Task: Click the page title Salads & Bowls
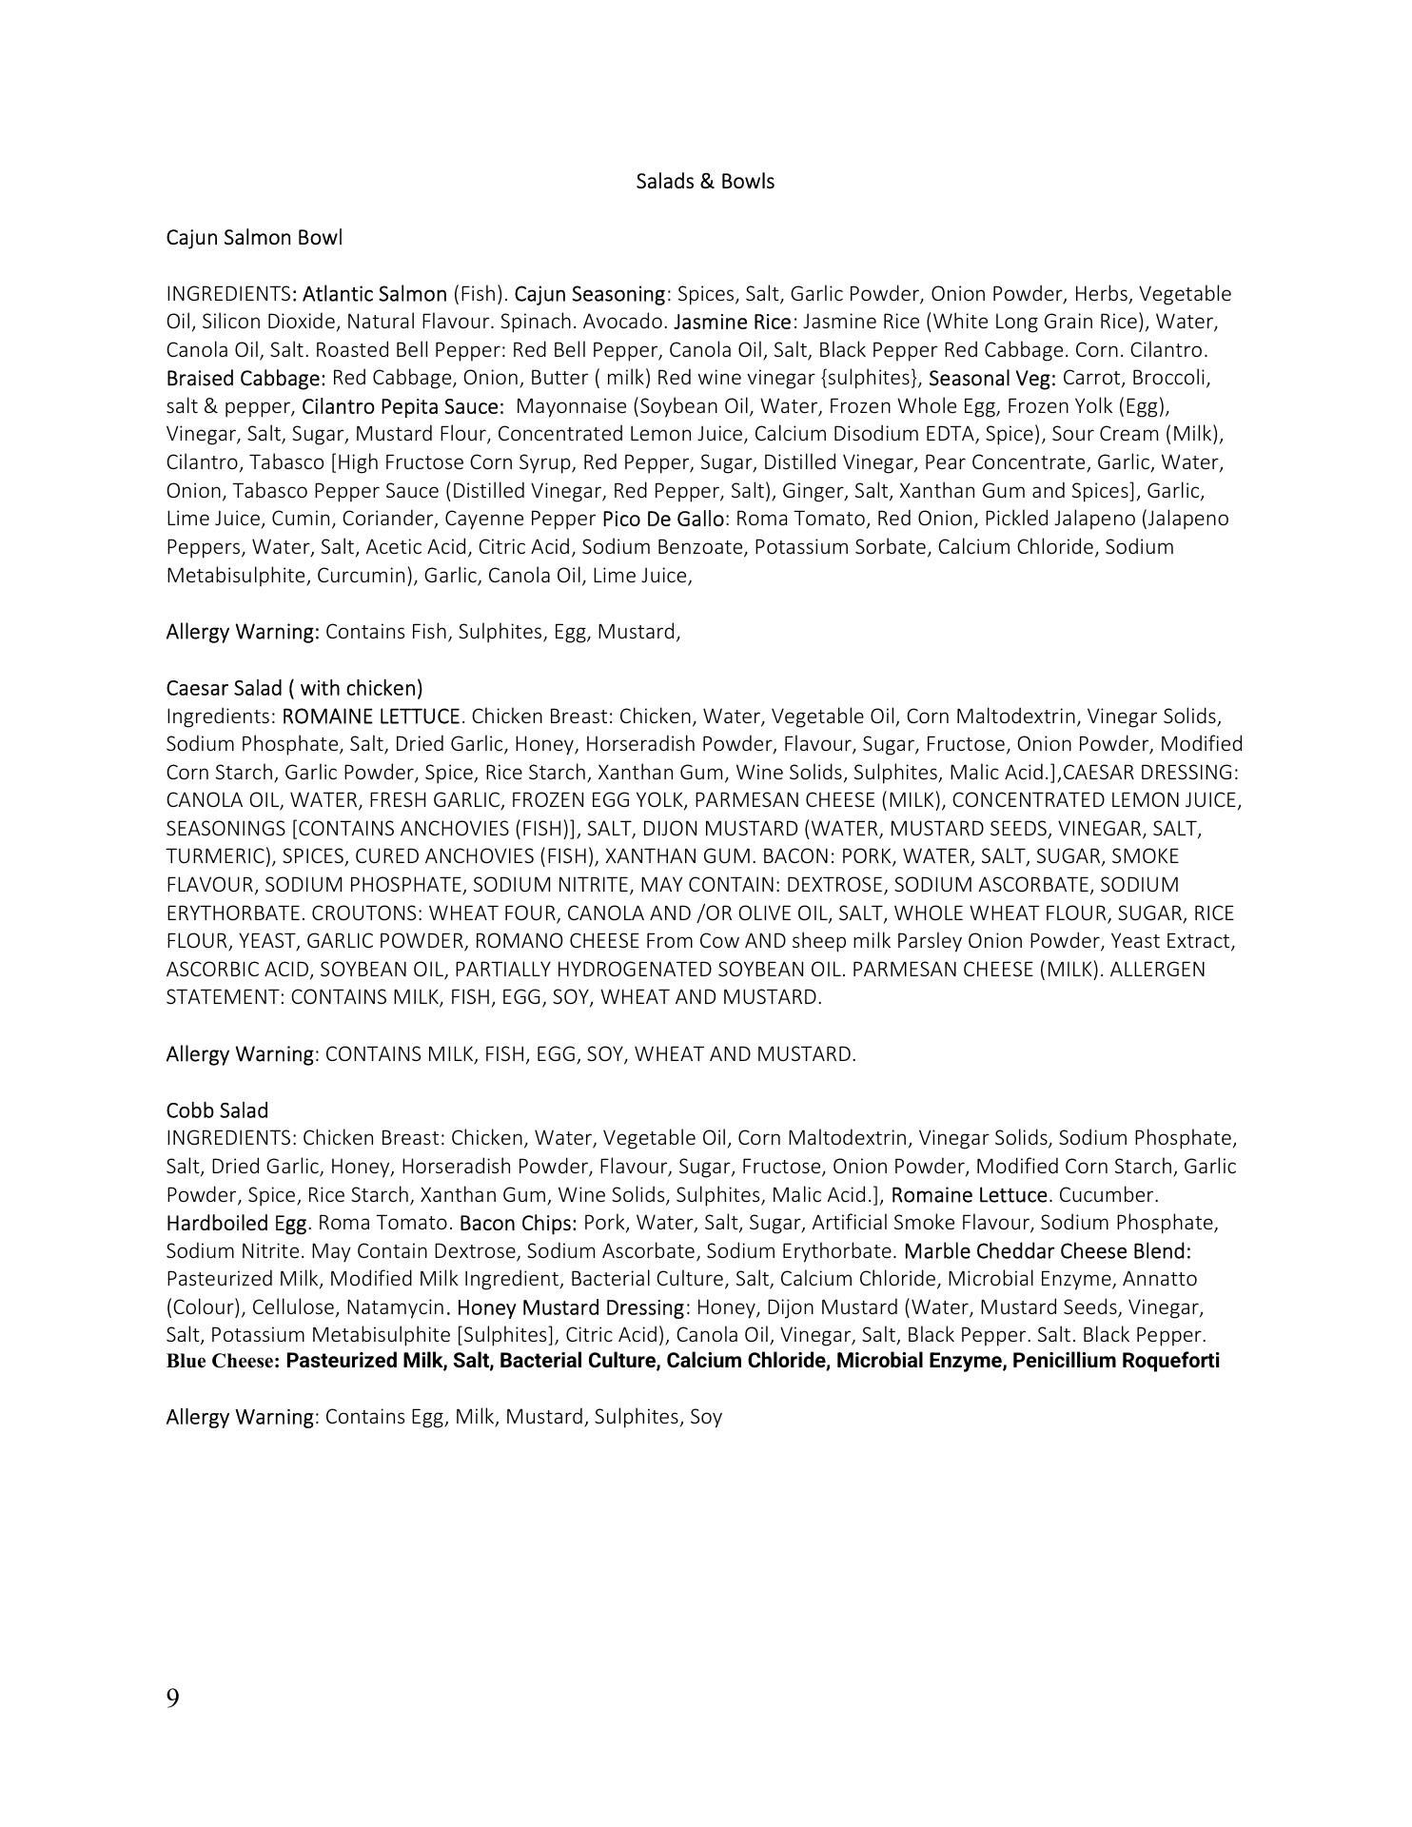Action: coord(704,182)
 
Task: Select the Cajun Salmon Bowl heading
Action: coord(253,238)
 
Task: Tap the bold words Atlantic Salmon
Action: coord(374,294)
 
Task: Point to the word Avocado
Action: coord(625,322)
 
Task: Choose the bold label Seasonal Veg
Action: coord(991,378)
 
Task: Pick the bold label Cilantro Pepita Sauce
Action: coord(402,406)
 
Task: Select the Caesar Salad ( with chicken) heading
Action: coord(294,688)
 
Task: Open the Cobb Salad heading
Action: coord(217,1110)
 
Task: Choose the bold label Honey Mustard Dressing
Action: coord(570,1307)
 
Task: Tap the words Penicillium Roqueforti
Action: coord(1115,1361)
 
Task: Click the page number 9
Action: coord(172,1699)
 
